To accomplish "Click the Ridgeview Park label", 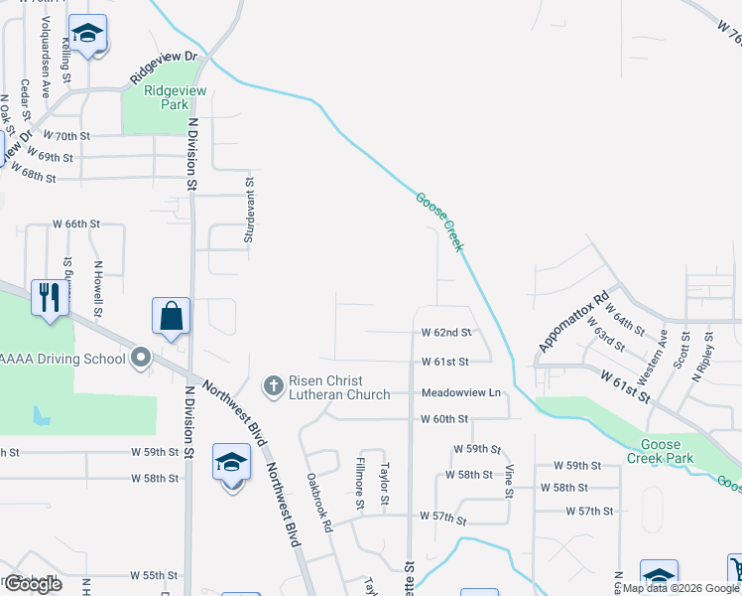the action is (175, 96).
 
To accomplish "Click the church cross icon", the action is (274, 385).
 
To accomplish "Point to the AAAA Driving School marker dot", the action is (140, 358).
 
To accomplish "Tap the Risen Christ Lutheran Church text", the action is (325, 387).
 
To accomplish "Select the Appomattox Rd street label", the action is (572, 321).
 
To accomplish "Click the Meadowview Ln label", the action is (460, 393).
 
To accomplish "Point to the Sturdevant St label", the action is (250, 210).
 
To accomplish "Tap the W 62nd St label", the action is (444, 332).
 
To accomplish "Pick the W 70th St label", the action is (67, 135).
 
